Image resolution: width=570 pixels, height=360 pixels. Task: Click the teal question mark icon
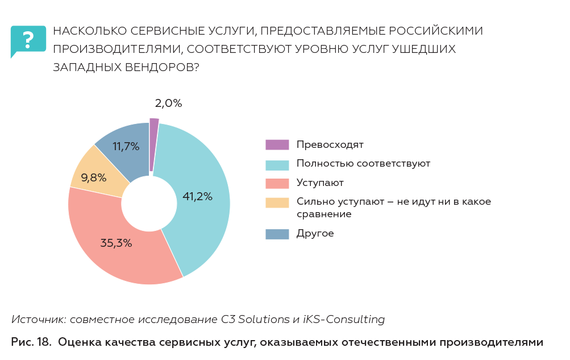pos(28,40)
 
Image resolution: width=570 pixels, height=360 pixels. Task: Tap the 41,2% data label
pos(197,197)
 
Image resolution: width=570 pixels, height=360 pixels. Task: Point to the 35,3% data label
pos(116,243)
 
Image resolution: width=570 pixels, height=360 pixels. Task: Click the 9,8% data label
pos(94,178)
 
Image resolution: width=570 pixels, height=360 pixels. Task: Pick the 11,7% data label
pos(126,147)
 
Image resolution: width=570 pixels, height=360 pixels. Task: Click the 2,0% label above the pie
pos(168,104)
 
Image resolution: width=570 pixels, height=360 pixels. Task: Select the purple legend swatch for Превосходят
pos(277,145)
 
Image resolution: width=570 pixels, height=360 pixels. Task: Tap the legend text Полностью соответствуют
pos(363,164)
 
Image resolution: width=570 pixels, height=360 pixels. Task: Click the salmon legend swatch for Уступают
pos(277,183)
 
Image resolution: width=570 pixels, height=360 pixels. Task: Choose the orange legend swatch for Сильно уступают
pos(277,202)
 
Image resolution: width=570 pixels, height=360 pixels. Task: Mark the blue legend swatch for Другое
pos(277,234)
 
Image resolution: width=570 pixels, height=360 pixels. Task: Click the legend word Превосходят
pos(330,145)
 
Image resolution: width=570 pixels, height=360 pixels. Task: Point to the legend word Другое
pos(315,234)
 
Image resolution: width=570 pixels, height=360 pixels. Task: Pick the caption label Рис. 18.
pos(31,342)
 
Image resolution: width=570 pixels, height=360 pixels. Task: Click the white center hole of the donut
pos(149,203)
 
